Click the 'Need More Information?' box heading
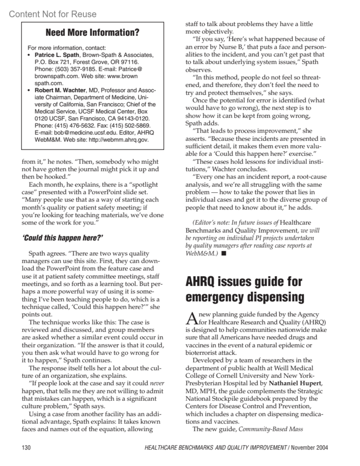click(x=92, y=32)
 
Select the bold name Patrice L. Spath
click(x=57, y=55)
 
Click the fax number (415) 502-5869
click(x=133, y=125)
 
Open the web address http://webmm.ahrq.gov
click(x=119, y=140)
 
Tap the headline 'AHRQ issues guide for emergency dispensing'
click(x=244, y=289)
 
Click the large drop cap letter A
click(x=191, y=319)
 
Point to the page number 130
click(x=26, y=448)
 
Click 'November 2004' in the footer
click(x=309, y=448)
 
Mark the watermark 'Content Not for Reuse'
click(x=53, y=14)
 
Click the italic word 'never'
click(x=157, y=383)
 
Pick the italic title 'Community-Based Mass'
click(x=271, y=429)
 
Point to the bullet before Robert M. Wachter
click(x=29, y=90)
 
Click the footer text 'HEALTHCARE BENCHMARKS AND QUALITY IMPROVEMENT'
click(x=215, y=448)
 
